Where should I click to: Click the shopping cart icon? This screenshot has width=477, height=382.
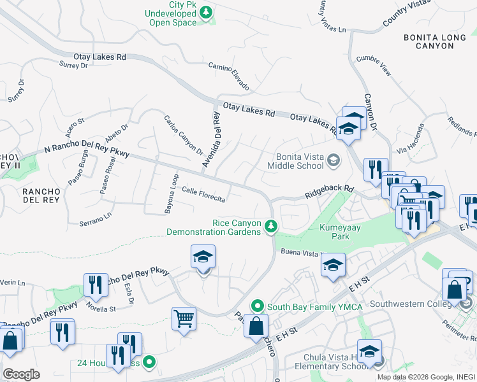click(x=184, y=318)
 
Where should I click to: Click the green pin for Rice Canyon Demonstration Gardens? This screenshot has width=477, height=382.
click(x=271, y=226)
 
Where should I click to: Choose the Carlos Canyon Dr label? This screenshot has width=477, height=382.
click(x=183, y=135)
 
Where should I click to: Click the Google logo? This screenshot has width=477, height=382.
click(x=21, y=374)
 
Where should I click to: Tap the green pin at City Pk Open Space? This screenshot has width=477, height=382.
click(x=207, y=11)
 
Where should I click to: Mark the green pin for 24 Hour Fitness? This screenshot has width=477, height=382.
click(x=149, y=363)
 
